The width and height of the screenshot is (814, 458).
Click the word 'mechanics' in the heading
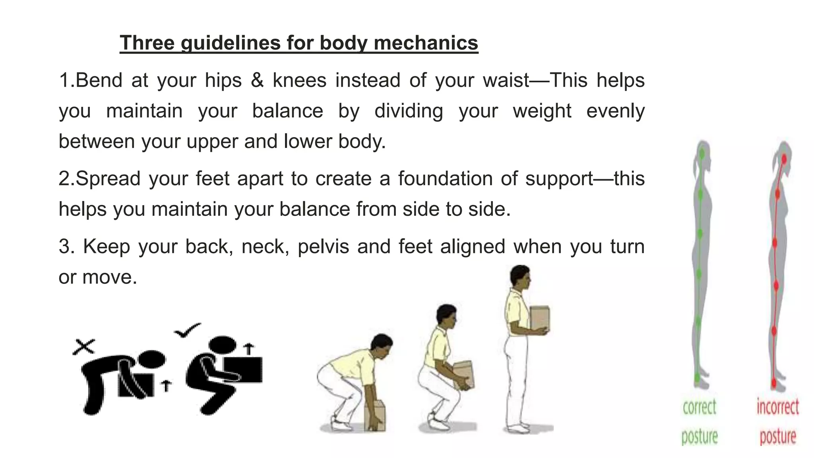pos(426,43)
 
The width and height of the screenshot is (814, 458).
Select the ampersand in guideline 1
pos(257,80)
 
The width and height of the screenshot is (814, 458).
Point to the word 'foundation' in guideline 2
pos(445,179)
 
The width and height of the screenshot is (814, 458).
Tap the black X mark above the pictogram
pos(84,347)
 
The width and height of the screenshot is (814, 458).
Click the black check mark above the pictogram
pos(187,330)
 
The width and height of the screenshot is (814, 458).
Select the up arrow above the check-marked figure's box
pos(249,349)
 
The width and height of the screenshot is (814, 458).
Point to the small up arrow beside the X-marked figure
pos(166,385)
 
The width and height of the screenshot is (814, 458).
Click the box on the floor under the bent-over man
pos(375,415)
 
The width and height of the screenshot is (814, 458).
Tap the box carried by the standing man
pos(540,318)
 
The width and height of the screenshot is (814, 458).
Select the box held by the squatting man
pos(464,374)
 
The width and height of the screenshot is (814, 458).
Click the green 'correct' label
pos(700,407)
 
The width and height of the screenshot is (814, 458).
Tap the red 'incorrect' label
pos(777,407)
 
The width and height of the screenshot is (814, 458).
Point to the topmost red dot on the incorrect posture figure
pos(784,159)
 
